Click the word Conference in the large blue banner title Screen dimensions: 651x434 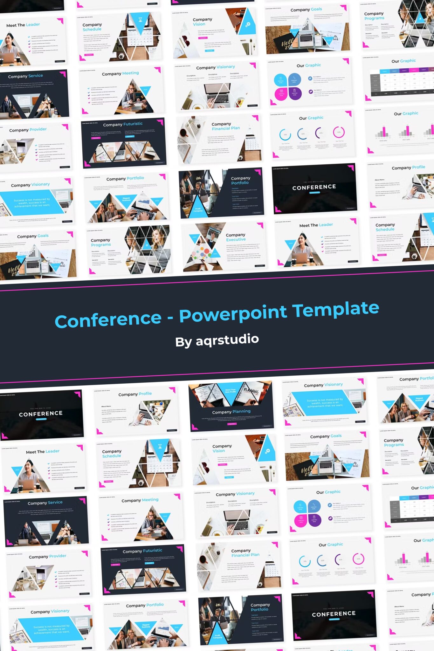pos(108,320)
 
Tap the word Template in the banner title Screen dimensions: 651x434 pos(335,309)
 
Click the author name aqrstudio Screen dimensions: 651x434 pos(227,339)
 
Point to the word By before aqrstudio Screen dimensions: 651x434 pos(183,342)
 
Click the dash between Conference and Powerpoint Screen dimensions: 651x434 pos(170,318)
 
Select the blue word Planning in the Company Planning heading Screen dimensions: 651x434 pos(241,411)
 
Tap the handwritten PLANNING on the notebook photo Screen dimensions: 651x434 pos(251,391)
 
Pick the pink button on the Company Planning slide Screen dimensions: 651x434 pos(232,424)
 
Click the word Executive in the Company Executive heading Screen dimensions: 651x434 pos(236,240)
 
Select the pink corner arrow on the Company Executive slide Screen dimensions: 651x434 pos(260,225)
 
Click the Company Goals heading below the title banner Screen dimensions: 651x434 pos(326,436)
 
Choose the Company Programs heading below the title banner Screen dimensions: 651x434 pos(394,442)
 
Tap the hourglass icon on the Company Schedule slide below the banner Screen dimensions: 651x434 pos(160,446)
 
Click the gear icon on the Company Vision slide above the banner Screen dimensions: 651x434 pos(248,24)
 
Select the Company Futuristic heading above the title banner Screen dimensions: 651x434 pos(122,124)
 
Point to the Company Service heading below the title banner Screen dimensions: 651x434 pos(45,503)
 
